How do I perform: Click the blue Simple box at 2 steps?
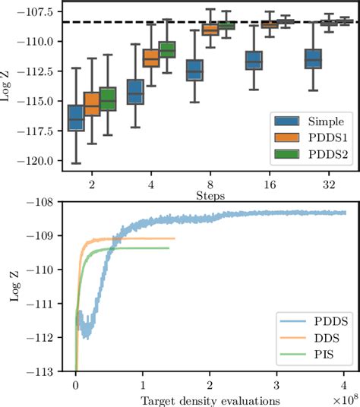point(76,118)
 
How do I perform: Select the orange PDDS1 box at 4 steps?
point(151,57)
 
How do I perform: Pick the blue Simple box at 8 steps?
point(194,70)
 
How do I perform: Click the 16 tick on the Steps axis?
point(270,185)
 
